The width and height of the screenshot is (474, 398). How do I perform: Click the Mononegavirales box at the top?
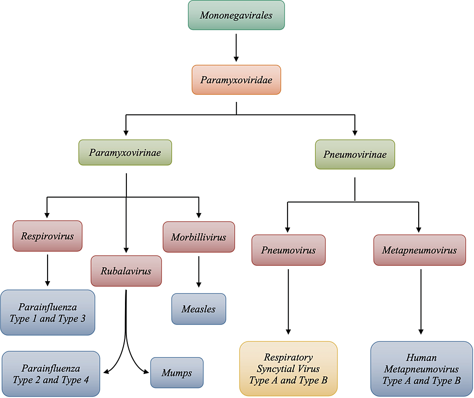(x=236, y=15)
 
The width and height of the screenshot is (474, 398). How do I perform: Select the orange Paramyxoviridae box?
(x=236, y=80)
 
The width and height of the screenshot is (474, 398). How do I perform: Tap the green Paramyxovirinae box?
(x=125, y=153)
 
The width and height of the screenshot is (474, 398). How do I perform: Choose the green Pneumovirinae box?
(x=355, y=154)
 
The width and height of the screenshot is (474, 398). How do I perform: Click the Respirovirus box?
(x=47, y=236)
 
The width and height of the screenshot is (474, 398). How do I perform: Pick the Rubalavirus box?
(x=126, y=271)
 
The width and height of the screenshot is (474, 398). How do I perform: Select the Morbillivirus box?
(x=199, y=237)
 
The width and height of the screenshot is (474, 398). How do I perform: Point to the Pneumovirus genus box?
(x=288, y=250)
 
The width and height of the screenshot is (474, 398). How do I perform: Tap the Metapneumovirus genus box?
(x=419, y=250)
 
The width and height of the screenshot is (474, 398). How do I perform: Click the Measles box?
(x=199, y=309)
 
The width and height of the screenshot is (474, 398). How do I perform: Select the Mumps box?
(x=177, y=373)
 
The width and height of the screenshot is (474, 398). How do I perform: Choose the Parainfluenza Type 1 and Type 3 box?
(x=48, y=312)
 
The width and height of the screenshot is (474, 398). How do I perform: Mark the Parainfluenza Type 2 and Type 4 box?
(x=50, y=374)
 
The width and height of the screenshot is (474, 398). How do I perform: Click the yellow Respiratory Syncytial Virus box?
(x=288, y=369)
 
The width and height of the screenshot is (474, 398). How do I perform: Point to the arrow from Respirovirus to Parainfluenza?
(x=47, y=270)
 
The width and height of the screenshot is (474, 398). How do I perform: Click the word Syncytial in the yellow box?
(x=288, y=369)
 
